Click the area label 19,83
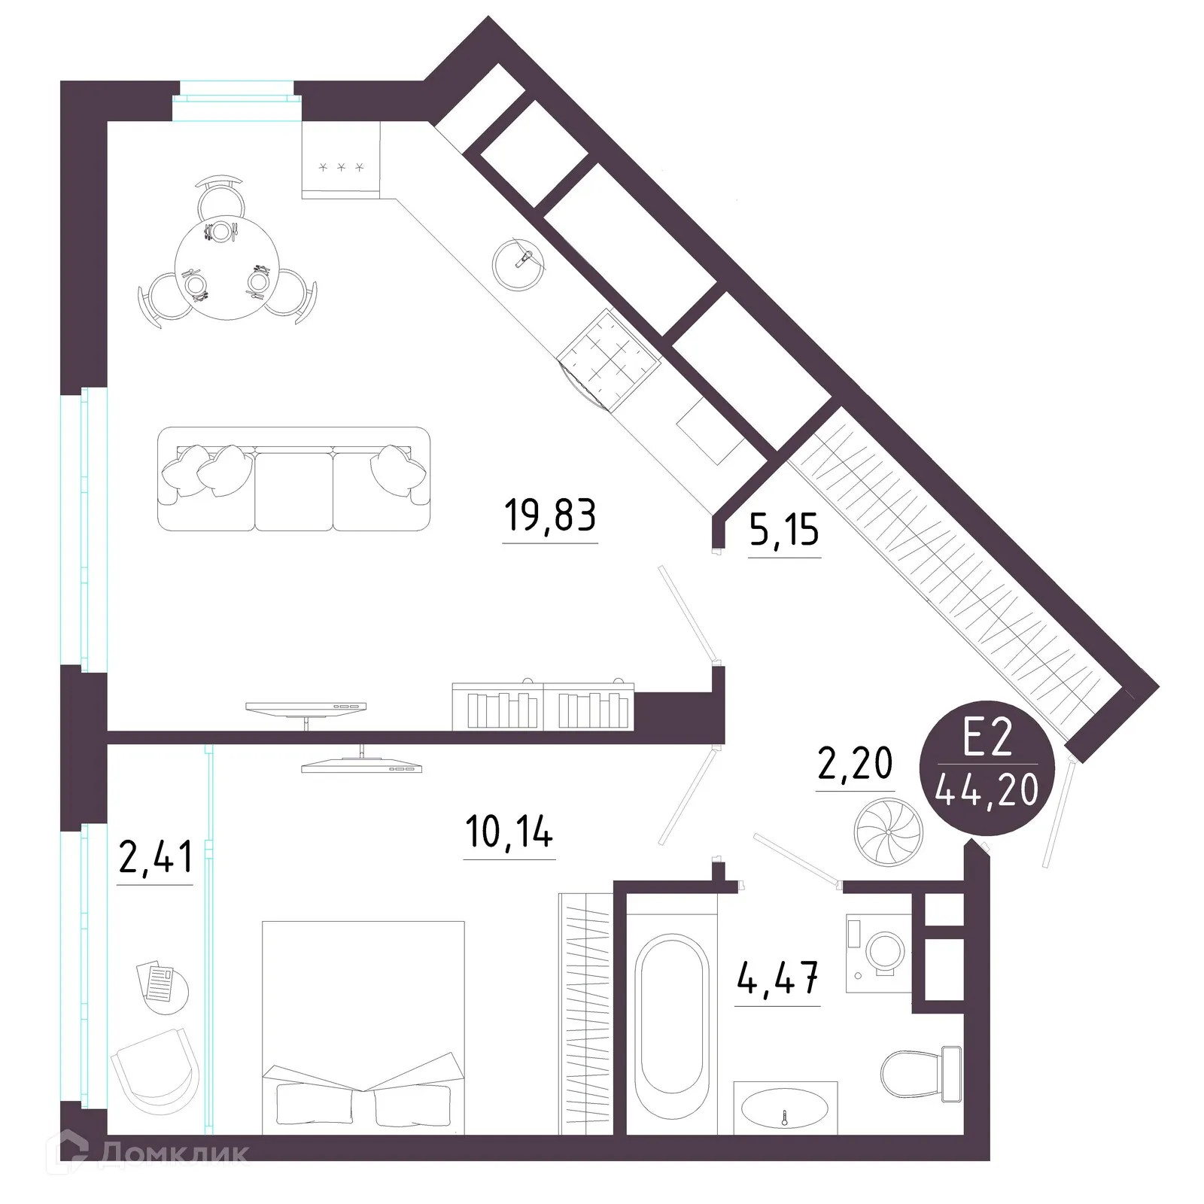point(549,517)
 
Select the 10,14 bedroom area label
point(509,833)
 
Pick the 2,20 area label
point(855,764)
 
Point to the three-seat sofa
point(293,479)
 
